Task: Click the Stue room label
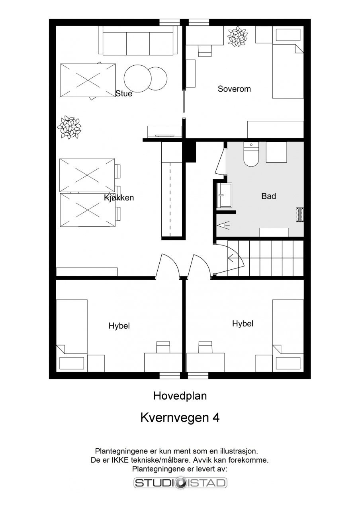(123, 94)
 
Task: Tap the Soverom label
(234, 89)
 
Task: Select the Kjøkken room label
(119, 198)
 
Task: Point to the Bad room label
(268, 196)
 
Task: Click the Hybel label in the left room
(119, 326)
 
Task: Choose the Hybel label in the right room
(243, 324)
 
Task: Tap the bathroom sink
(225, 195)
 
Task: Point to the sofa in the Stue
(138, 41)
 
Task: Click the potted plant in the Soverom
(237, 36)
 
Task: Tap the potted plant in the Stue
(69, 127)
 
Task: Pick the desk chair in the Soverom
(205, 51)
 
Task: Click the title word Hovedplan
(180, 396)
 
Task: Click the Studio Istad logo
(180, 483)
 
